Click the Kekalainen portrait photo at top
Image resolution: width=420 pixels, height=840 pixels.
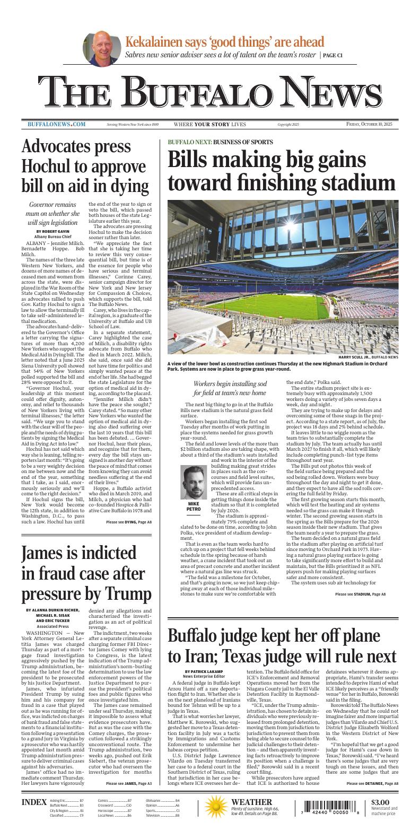[100, 48]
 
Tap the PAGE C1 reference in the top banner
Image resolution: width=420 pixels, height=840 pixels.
[332, 55]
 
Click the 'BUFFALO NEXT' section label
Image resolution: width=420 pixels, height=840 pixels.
[189, 142]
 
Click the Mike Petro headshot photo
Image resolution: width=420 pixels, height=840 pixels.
[194, 482]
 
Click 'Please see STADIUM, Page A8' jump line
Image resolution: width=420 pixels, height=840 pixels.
[360, 594]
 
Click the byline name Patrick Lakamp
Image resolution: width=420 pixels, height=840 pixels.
[204, 671]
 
